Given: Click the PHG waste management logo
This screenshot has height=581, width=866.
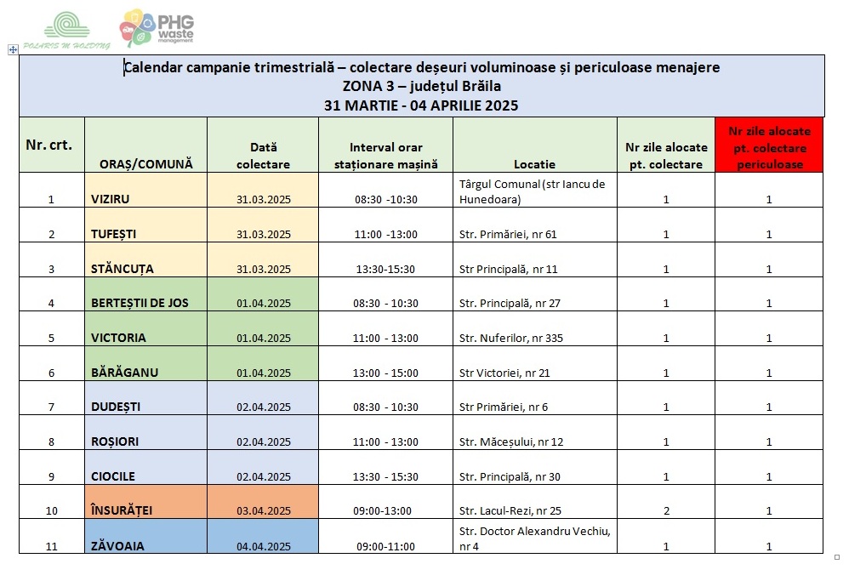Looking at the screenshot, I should click(x=157, y=27).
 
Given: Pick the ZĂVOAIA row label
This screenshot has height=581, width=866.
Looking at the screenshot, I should click(x=117, y=546).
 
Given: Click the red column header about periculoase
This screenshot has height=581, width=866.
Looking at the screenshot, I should click(x=769, y=146).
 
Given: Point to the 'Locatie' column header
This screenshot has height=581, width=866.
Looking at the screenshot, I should click(x=534, y=164).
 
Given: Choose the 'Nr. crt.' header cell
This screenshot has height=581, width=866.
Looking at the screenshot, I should click(x=50, y=145).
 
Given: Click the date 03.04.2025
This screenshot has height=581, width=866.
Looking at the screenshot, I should click(x=264, y=510).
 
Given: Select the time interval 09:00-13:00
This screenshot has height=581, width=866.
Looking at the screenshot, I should click(x=385, y=510).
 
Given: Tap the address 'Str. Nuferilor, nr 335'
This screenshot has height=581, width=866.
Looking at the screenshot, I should click(x=510, y=338).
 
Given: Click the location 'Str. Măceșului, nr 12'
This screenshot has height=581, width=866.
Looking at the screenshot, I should click(x=510, y=441).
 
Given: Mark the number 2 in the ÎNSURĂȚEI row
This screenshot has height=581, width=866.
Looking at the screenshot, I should click(x=666, y=510).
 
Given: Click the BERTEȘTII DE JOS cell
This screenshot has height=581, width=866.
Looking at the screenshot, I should click(x=140, y=303).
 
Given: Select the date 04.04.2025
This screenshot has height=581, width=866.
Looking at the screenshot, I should click(x=264, y=546).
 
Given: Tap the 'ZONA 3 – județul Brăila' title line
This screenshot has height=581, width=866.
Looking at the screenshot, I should click(x=421, y=86).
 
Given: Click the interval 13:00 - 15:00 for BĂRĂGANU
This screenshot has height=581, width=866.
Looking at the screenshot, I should click(x=386, y=373).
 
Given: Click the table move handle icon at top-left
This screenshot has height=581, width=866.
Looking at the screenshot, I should click(x=13, y=50).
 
